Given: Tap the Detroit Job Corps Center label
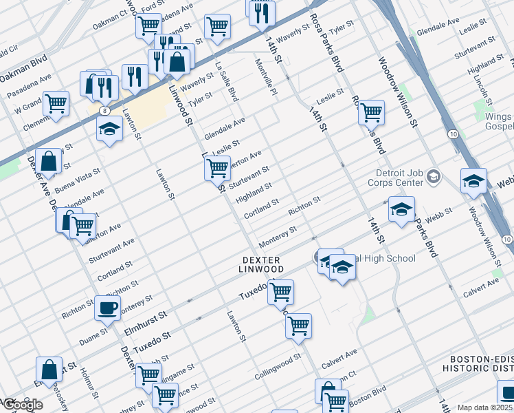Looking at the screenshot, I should click(x=399, y=178).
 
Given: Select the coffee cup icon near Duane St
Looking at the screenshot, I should click(x=107, y=308).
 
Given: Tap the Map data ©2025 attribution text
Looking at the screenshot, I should click(x=485, y=407).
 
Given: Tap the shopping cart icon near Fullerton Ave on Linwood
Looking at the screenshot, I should click(x=217, y=167).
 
